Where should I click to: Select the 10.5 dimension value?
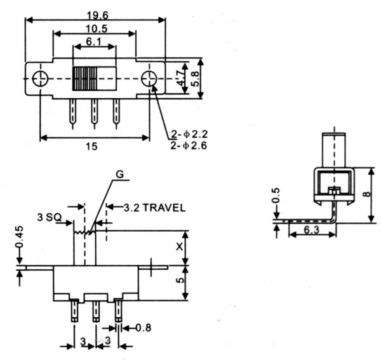coord(93,29)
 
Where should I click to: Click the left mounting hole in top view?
coord(39,79)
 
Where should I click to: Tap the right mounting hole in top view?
coord(149,79)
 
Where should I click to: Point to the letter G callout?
coord(120,175)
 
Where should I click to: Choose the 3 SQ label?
coord(49,217)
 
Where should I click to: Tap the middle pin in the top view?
coord(94,112)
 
